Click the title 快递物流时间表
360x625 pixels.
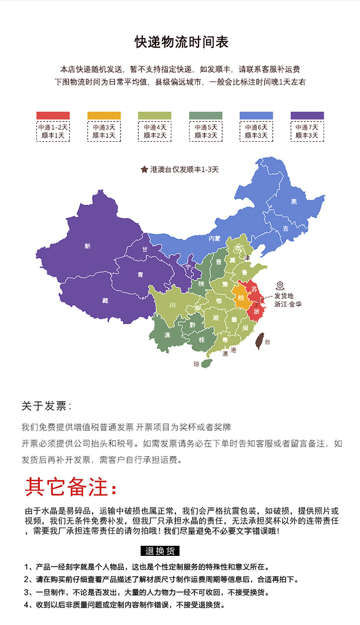tap(181, 42)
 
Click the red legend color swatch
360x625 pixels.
tap(53, 115)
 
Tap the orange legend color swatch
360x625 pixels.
tap(104, 115)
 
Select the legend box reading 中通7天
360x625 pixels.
tap(307, 132)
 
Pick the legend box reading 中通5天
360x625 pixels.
tap(205, 132)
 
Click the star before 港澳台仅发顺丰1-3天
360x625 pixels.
tap(144, 169)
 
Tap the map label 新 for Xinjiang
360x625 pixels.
tap(87, 246)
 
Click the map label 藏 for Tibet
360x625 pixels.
tap(105, 300)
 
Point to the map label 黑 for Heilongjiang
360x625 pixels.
tap(294, 202)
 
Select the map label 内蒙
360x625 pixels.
tap(214, 238)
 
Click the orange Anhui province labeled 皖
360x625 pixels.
tap(240, 298)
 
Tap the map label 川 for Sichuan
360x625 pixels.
tap(172, 305)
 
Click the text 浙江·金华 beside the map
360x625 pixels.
tap(288, 304)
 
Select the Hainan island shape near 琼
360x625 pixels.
tap(206, 363)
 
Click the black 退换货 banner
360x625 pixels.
tap(160, 551)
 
